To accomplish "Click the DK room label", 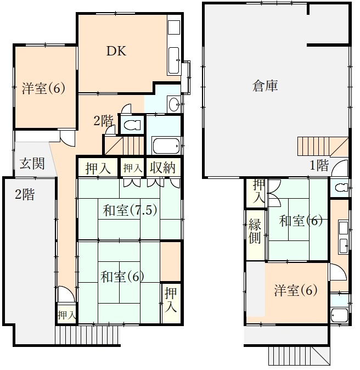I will (116, 52).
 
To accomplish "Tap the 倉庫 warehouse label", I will (265, 86).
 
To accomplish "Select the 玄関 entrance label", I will (32, 164).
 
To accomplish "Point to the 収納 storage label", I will (162, 168).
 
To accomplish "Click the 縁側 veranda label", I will (255, 231).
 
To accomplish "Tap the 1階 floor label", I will (319, 165).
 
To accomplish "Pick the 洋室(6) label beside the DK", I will (43, 88).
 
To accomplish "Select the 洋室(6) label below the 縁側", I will (296, 290).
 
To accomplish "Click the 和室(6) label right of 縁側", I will (300, 221).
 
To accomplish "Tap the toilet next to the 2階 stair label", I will (132, 125).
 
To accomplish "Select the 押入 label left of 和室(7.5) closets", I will (98, 168).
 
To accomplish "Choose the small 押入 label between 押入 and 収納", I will (132, 168).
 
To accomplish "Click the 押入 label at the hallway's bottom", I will (66, 315).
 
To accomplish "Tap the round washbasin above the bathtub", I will (173, 104).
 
